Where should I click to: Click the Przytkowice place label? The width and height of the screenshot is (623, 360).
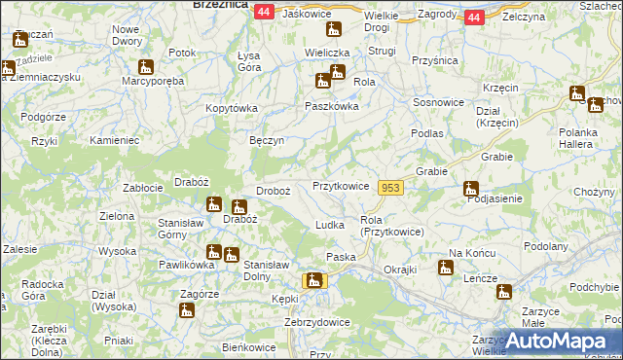coord(340,186)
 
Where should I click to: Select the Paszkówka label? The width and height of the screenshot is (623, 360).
coord(332,106)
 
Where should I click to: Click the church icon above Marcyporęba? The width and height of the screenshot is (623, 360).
coord(145,67)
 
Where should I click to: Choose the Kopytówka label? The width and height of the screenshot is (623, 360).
coord(230,108)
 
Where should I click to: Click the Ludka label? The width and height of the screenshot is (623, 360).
coord(330,225)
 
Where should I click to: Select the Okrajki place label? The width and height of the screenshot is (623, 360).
coord(400,269)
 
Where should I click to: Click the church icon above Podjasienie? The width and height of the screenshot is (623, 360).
coord(471,188)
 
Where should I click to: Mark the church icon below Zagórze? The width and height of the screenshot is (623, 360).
coord(186,310)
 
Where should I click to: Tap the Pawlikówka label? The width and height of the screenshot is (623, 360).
coord(186,264)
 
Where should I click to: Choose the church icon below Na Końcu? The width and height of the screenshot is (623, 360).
coord(445,267)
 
